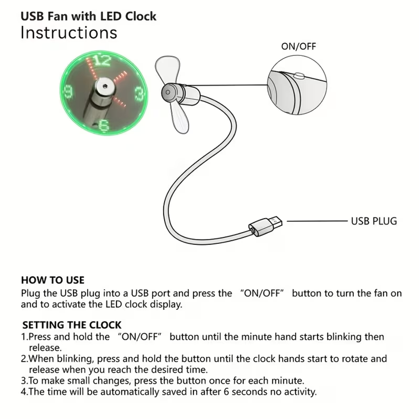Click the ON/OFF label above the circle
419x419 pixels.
[298, 46]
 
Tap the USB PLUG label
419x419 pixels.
[374, 221]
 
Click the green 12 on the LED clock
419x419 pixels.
[102, 61]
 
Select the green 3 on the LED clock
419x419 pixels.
[139, 94]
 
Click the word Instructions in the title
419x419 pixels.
[69, 33]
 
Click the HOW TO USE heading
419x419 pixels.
[52, 280]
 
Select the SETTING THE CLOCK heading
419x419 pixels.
[72, 325]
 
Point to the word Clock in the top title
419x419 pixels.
[141, 16]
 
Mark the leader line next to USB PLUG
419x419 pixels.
[317, 221]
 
